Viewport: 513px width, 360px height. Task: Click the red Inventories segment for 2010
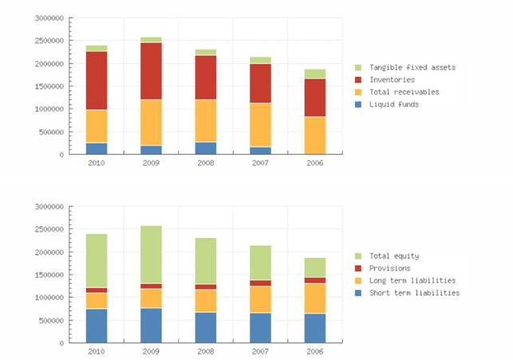pos(97,80)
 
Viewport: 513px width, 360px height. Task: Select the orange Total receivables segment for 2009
pos(151,122)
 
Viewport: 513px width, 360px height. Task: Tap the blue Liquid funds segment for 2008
pos(205,148)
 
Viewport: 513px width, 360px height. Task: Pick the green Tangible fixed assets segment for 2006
pos(315,73)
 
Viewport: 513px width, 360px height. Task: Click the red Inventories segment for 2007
pos(260,83)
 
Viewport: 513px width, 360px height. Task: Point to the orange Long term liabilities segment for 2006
pos(315,298)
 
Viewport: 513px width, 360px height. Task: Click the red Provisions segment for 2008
pos(205,287)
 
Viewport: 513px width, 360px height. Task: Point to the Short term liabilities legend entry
pos(413,293)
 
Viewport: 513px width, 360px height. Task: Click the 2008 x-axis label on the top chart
pos(205,162)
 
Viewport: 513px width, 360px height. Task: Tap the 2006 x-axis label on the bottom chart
pos(315,350)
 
